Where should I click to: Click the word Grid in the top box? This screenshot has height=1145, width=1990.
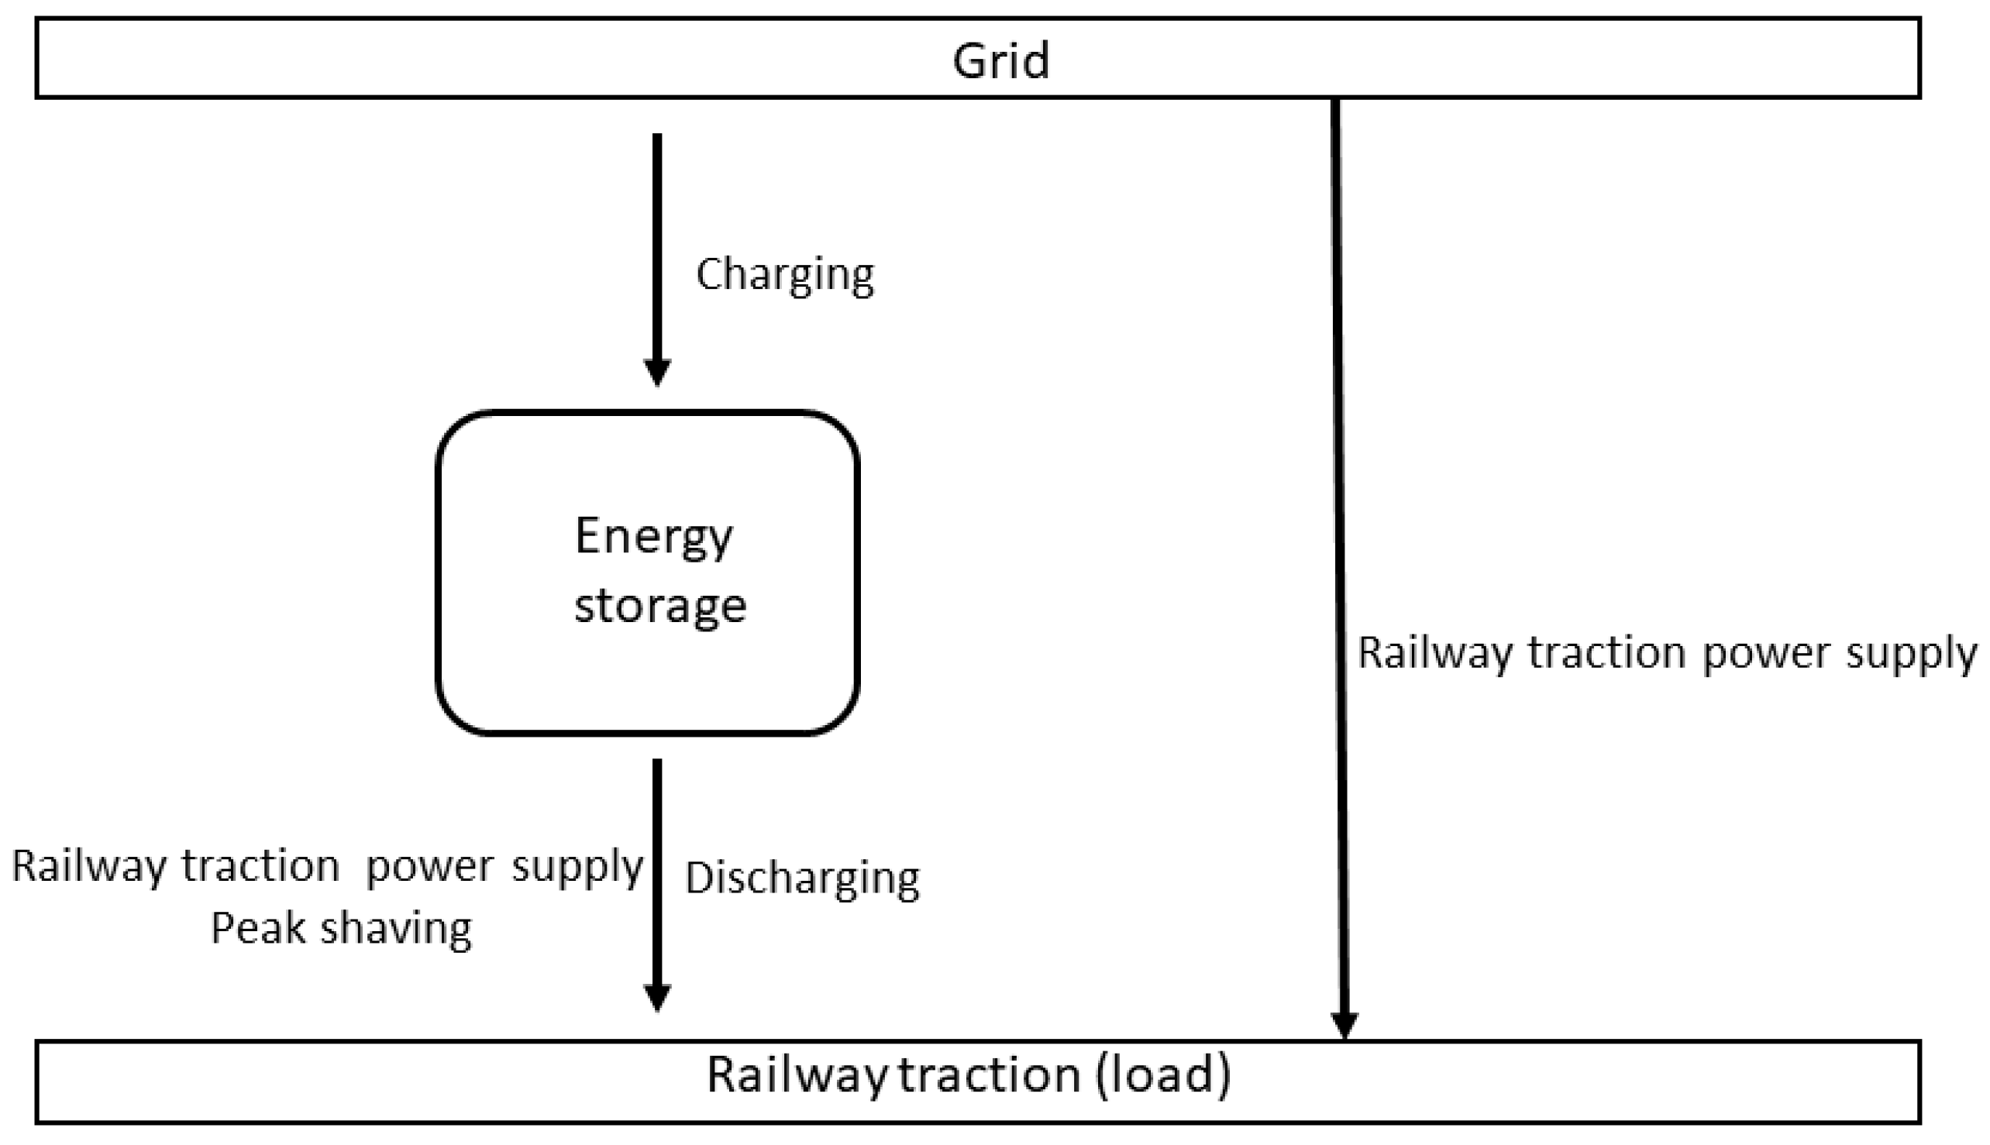(x=1000, y=60)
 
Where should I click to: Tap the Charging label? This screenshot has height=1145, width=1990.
(x=785, y=275)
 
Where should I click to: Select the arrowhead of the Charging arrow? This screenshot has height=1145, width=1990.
(x=658, y=372)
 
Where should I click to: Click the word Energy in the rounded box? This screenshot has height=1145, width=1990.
(x=653, y=538)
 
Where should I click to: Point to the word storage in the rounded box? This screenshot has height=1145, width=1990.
(x=660, y=607)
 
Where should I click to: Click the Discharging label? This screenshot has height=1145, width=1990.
(x=802, y=879)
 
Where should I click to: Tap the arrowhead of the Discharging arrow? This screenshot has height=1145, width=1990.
(x=658, y=998)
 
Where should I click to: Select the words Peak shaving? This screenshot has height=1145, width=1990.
(x=342, y=930)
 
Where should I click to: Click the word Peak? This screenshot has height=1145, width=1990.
(x=258, y=928)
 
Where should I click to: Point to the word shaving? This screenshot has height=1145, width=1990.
(x=397, y=930)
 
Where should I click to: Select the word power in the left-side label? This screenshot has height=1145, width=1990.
(x=429, y=867)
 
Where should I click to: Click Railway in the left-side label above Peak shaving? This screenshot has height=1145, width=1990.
(x=89, y=868)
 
